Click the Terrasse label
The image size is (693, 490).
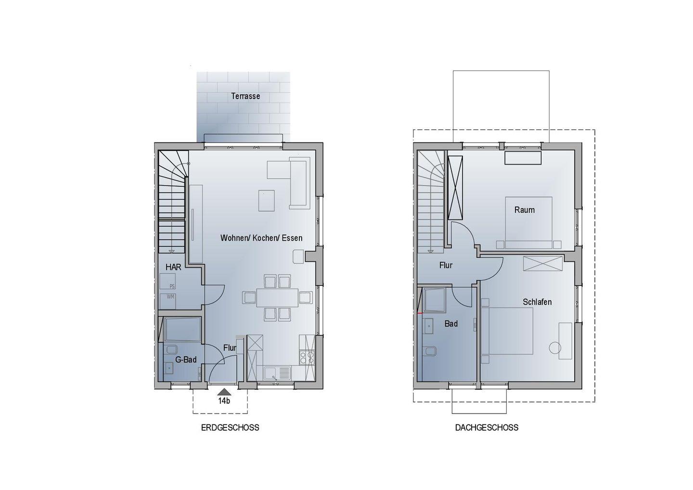(245, 96)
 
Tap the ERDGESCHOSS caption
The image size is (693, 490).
(230, 427)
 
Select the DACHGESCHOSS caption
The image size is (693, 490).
(487, 427)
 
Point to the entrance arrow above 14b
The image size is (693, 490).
(224, 392)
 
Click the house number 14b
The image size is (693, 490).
(224, 401)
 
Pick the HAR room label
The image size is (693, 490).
(173, 267)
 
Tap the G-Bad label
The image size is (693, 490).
(186, 360)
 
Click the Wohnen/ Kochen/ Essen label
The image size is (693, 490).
(261, 238)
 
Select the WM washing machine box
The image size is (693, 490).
(167, 301)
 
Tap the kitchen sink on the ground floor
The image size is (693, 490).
(277, 373)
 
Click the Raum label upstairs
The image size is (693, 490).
(525, 210)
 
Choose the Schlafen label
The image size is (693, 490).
(537, 302)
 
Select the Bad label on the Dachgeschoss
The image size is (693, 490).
(451, 324)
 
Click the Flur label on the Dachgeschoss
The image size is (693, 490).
(446, 265)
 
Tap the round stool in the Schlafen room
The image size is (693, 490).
(555, 348)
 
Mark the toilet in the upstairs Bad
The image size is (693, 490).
(430, 352)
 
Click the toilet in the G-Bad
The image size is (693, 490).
(171, 349)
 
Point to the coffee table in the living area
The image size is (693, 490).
(267, 200)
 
